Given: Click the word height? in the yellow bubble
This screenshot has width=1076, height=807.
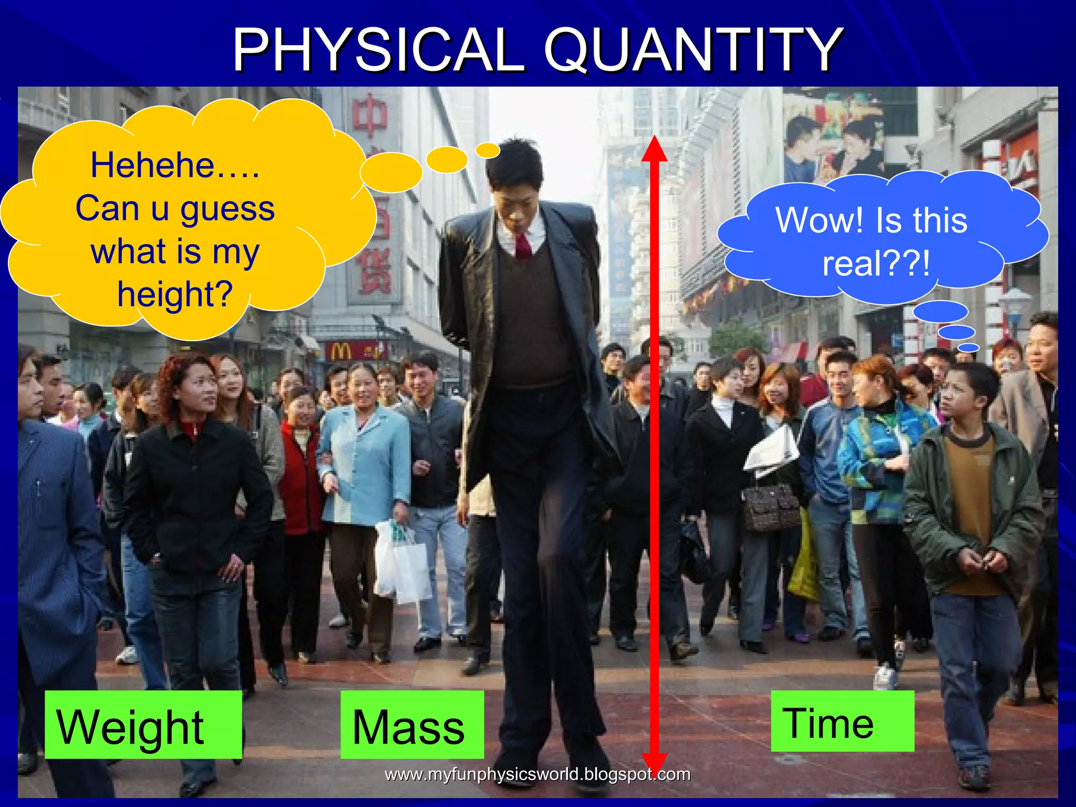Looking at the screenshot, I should click(175, 294).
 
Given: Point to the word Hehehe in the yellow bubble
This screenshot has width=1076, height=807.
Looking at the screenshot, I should click(152, 165).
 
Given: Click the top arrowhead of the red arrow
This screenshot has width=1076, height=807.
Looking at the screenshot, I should click(654, 150).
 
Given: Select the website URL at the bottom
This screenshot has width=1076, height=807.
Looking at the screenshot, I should click(537, 774).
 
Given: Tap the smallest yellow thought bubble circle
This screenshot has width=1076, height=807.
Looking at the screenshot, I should click(488, 151).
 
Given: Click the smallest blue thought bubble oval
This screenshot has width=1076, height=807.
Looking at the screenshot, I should click(968, 348).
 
